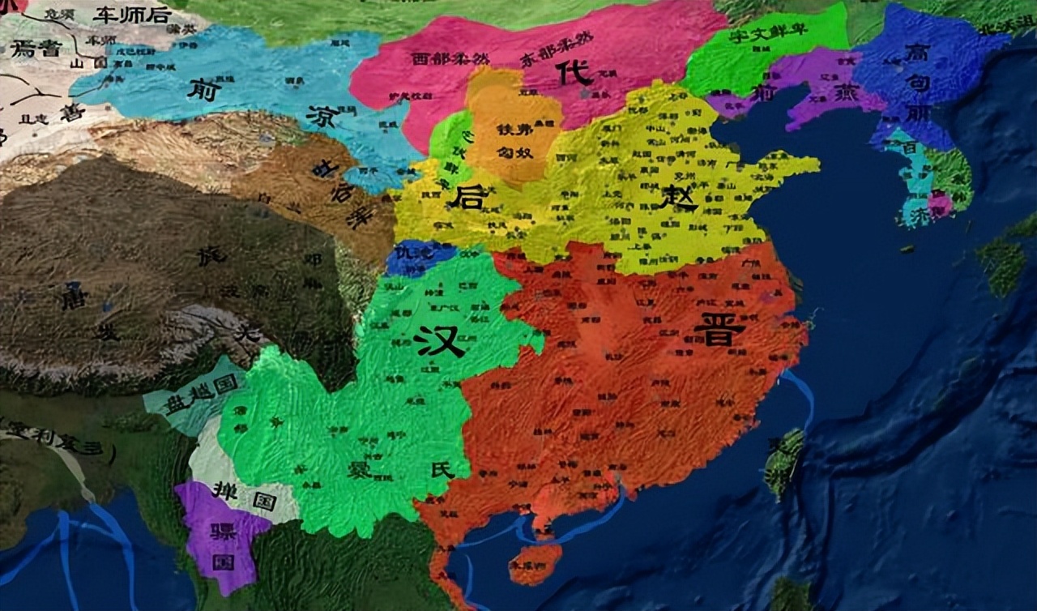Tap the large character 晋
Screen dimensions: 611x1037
point(719,329)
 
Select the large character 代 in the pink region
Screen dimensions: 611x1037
point(574,74)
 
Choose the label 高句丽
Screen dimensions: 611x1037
point(919,82)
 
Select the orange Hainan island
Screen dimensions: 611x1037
point(536,562)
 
